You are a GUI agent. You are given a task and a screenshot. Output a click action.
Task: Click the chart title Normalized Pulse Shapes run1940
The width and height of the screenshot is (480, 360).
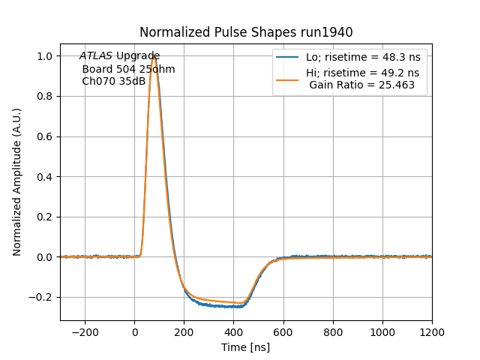coord(246,32)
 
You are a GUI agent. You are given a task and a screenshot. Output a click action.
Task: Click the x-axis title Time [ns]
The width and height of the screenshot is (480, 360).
coord(246,347)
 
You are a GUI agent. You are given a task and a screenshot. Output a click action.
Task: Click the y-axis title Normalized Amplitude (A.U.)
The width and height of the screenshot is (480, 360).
coord(17,181)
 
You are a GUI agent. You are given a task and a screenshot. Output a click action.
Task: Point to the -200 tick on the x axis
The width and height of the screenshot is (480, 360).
coord(85,331)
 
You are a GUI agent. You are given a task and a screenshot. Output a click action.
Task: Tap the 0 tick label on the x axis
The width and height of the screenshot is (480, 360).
coord(135,331)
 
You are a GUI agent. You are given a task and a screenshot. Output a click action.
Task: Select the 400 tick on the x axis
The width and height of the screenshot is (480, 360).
coord(234,331)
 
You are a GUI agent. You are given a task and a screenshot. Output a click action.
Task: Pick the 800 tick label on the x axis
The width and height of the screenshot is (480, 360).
coord(333,331)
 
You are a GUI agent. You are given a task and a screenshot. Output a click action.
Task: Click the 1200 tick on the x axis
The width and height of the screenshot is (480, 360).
coord(432,331)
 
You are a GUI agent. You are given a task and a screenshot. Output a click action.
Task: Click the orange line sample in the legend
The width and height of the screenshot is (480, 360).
coord(287,73)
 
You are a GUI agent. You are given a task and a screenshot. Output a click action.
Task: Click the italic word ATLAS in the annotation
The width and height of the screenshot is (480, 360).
coord(95,56)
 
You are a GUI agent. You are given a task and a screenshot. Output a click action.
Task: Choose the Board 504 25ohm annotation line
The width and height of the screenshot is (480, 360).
coord(128,69)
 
